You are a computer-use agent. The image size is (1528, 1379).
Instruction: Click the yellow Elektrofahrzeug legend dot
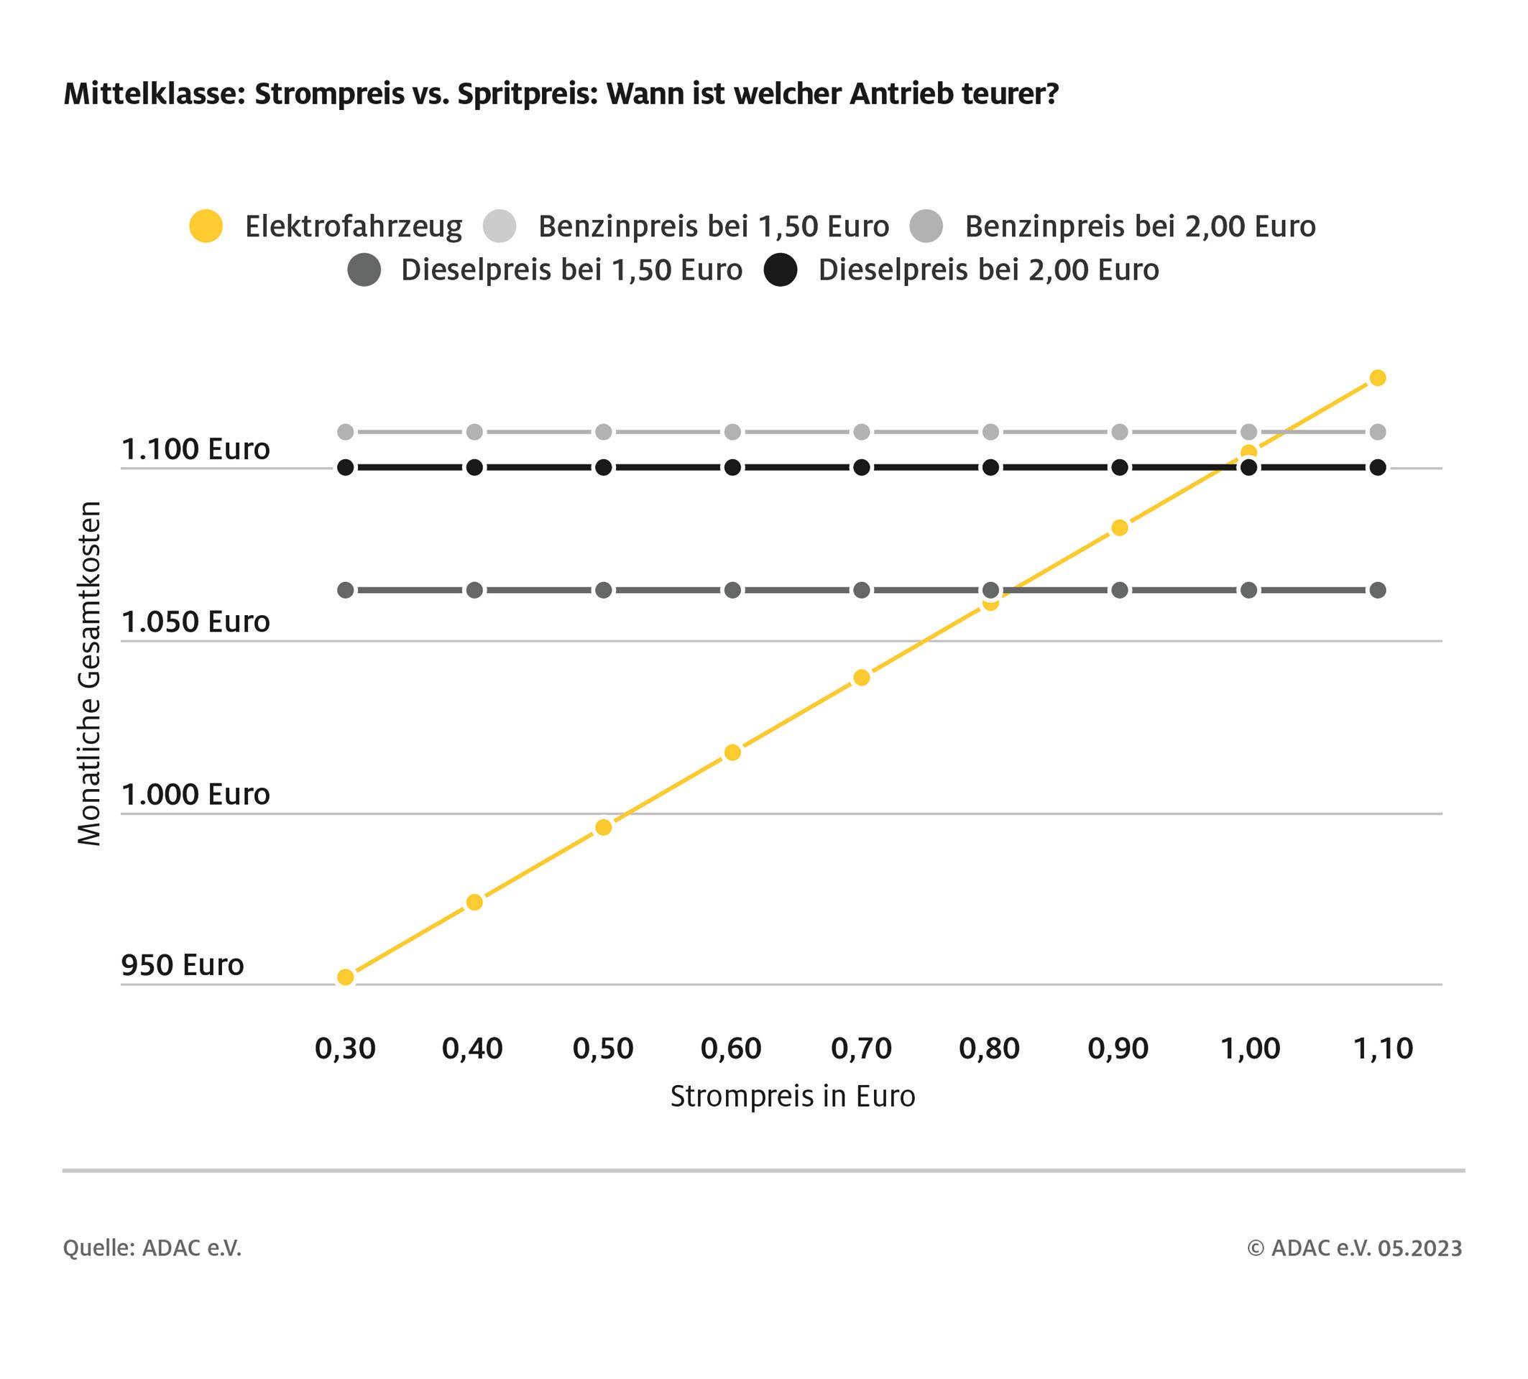point(206,226)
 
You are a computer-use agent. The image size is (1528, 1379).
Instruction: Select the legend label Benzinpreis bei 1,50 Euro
point(712,226)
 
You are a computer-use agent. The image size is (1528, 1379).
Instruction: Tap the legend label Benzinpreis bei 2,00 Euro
point(1139,226)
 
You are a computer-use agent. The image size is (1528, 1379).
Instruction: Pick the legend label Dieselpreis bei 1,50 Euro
point(571,269)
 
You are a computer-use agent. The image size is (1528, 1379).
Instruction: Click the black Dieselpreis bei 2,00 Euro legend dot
point(780,269)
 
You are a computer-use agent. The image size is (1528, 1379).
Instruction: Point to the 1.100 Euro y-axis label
point(195,448)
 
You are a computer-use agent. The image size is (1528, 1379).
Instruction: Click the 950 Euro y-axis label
point(183,964)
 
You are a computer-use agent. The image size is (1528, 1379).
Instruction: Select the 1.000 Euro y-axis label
point(195,794)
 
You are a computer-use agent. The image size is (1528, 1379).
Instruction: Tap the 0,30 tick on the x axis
point(345,1048)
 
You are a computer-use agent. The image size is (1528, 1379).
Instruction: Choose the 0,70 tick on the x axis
point(861,1048)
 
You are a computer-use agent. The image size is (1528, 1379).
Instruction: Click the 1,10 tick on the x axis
point(1383,1048)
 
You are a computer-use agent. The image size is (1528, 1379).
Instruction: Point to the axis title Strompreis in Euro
point(792,1096)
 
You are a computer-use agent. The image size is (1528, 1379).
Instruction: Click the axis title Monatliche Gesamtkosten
point(89,673)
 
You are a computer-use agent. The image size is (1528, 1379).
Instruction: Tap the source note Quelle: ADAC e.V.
point(152,1248)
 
